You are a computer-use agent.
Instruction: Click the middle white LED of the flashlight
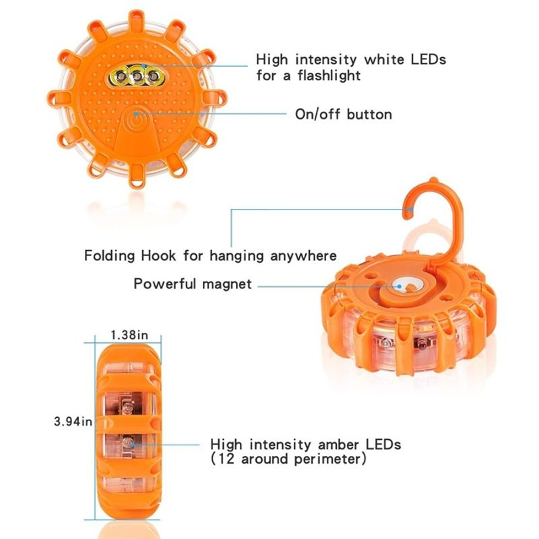point(137,76)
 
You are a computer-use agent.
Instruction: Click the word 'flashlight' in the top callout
point(329,75)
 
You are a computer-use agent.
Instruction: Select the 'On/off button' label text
point(344,114)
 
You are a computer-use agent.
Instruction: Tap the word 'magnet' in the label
point(227,284)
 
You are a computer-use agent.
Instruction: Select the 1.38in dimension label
point(129,335)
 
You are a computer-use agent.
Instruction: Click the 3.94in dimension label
point(73,421)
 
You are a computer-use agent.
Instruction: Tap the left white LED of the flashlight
point(121,75)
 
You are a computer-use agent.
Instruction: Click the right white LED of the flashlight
point(153,76)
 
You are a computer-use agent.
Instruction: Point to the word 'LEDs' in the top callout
point(429,59)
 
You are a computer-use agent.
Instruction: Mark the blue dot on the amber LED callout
point(132,445)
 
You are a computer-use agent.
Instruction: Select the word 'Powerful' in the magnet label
point(164,284)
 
